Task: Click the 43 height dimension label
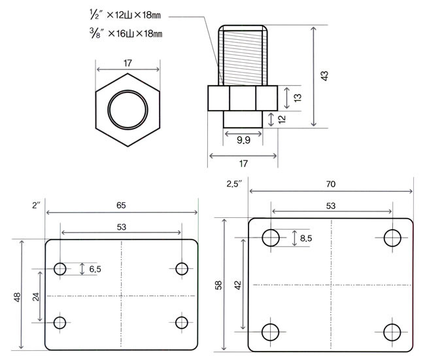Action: tap(324, 76)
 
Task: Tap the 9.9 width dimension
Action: tap(243, 140)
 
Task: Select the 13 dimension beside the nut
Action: tap(297, 98)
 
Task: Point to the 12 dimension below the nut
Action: tap(282, 119)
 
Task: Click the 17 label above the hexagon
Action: tap(127, 63)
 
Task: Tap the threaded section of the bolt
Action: tap(243, 58)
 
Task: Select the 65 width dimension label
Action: tap(121, 206)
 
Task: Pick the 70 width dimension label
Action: tap(331, 184)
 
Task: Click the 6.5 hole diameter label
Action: tap(95, 269)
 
